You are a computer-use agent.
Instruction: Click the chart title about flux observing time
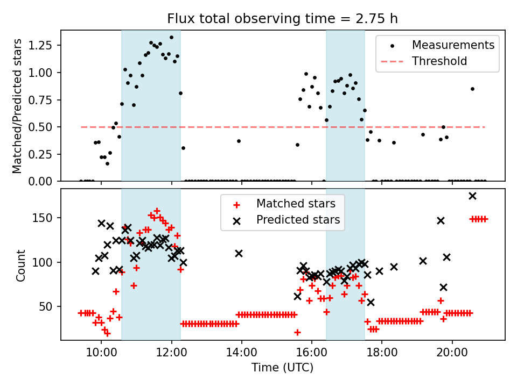coord(283,19)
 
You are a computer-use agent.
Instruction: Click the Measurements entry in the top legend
coord(453,45)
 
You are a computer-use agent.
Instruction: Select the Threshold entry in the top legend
coord(439,61)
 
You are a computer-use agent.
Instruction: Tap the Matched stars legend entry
coord(296,204)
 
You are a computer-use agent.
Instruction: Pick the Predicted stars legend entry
coord(298,220)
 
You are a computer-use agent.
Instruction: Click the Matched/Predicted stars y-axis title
coord(18,106)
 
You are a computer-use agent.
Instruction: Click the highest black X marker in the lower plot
coord(472,196)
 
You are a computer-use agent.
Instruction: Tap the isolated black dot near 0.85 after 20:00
coord(472,89)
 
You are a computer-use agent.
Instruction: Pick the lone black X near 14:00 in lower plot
coord(239,253)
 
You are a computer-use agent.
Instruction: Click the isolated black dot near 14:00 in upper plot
coord(239,141)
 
